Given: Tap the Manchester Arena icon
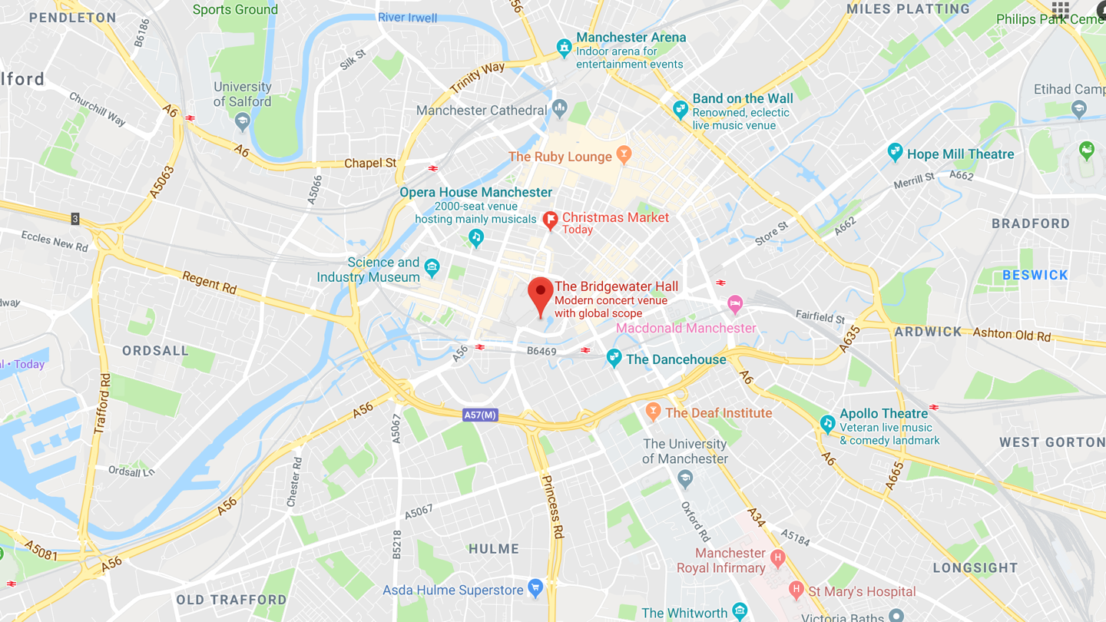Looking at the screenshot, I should (565, 47).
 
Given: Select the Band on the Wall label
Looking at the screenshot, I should (742, 98).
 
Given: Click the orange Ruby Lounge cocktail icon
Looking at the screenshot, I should (624, 155).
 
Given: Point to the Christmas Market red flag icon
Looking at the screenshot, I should (550, 220).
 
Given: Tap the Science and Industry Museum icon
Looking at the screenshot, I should (432, 268).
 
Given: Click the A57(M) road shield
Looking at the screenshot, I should (481, 415).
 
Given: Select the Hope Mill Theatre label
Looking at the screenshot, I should (960, 154).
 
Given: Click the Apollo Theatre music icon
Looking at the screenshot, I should (827, 422).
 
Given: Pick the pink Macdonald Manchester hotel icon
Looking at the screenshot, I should (735, 303).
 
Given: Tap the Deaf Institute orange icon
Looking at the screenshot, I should (653, 412).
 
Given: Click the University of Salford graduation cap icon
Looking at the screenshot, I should (243, 120).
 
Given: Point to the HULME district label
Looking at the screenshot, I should (494, 549).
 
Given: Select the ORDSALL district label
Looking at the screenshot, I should (155, 351).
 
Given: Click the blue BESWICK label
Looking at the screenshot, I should (1035, 275).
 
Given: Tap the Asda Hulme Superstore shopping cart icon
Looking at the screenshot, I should (535, 589).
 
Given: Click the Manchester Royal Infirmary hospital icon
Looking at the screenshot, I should (777, 559).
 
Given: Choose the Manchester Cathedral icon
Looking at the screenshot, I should (559, 109).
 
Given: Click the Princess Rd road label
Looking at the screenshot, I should (552, 507).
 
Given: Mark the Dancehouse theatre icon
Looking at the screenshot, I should (614, 358).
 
